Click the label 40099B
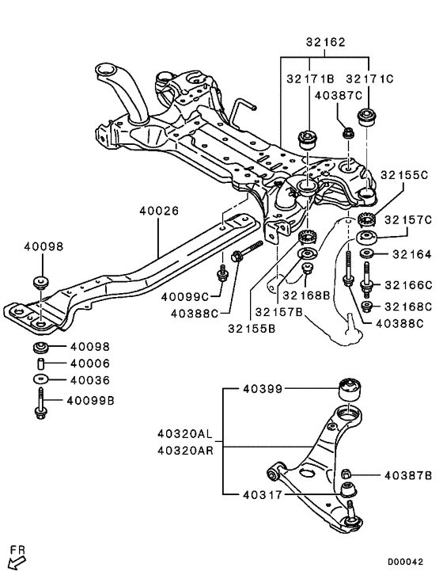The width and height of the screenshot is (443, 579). coord(90,401)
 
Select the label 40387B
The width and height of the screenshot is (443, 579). coord(408,476)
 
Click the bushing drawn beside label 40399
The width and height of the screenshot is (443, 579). coord(350,389)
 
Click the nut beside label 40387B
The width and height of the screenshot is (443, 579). coord(346,475)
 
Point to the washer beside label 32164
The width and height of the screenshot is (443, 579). coord(367,254)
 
